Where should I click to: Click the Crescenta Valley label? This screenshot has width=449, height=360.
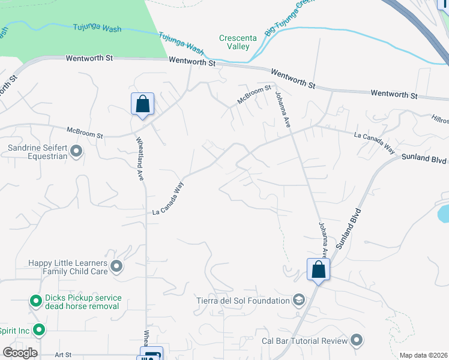(238, 42)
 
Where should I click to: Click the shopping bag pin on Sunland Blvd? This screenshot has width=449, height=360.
(318, 269)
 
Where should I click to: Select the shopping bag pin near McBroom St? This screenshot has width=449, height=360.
(142, 104)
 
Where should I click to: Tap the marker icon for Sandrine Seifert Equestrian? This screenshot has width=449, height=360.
(76, 151)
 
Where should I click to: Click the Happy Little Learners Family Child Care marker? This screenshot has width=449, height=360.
(116, 266)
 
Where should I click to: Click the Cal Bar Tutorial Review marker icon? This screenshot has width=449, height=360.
(357, 341)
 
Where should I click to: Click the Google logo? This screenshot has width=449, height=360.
(20, 353)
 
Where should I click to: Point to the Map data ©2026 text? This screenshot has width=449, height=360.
(424, 355)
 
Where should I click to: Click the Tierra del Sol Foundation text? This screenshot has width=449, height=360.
(243, 300)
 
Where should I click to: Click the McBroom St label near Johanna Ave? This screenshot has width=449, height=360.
(254, 94)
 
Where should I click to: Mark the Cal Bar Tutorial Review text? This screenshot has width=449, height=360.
(304, 341)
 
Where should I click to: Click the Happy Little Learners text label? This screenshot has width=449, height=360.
(68, 263)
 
